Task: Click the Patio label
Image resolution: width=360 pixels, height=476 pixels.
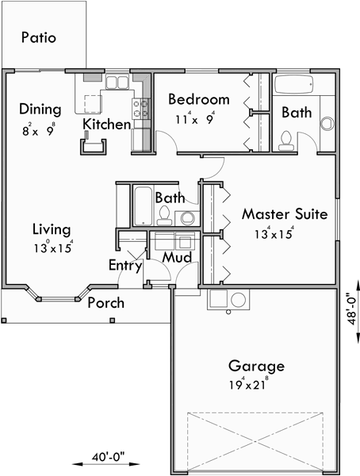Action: (x=39, y=37)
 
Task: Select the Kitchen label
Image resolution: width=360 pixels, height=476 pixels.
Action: (x=106, y=125)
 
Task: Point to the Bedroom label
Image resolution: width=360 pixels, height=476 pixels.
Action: (x=198, y=100)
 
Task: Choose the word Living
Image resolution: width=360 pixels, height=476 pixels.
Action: (x=52, y=229)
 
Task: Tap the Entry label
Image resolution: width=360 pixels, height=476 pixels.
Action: (x=124, y=266)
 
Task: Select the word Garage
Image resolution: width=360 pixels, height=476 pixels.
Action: (x=256, y=366)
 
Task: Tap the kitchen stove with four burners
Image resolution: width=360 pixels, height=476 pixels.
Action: (x=144, y=108)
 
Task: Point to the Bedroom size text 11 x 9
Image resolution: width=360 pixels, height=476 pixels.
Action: (x=195, y=120)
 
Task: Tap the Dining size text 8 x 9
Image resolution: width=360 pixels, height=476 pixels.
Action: (x=39, y=129)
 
